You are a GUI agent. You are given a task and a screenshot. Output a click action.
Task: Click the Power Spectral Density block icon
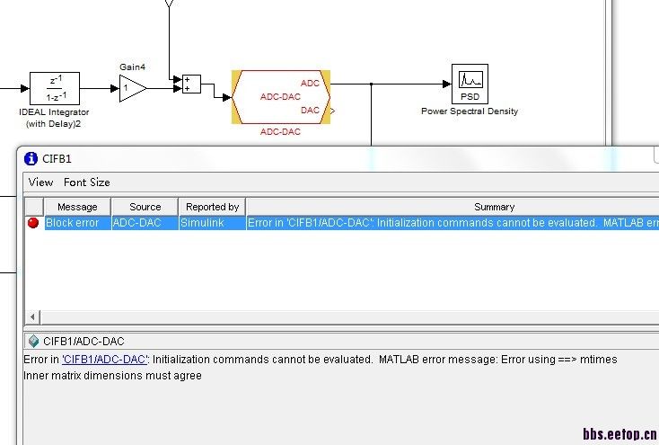[x=470, y=84]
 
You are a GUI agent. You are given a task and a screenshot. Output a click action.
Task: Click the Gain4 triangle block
[x=132, y=87]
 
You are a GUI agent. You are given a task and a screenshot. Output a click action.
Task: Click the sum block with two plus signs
[x=191, y=85]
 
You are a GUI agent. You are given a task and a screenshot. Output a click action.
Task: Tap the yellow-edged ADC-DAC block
[x=281, y=96]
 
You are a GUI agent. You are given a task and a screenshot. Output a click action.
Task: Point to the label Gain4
[x=132, y=67]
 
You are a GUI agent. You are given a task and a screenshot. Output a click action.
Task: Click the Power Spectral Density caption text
[x=470, y=111]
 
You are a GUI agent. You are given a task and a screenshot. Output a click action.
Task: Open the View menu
[x=40, y=182]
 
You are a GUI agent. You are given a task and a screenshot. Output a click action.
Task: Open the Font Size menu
[x=87, y=182]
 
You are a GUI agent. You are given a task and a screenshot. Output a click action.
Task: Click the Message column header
[x=77, y=207]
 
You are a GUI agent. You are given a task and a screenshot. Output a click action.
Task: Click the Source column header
[x=145, y=207]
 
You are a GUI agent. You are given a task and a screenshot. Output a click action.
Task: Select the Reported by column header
[x=212, y=207]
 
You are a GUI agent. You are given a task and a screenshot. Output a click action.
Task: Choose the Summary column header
[x=494, y=207]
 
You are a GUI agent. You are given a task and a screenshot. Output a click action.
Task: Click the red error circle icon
[x=33, y=223]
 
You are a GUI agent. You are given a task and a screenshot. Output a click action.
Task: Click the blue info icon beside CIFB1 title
[x=30, y=158]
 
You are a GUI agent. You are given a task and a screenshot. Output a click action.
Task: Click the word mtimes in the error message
[x=599, y=360]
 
